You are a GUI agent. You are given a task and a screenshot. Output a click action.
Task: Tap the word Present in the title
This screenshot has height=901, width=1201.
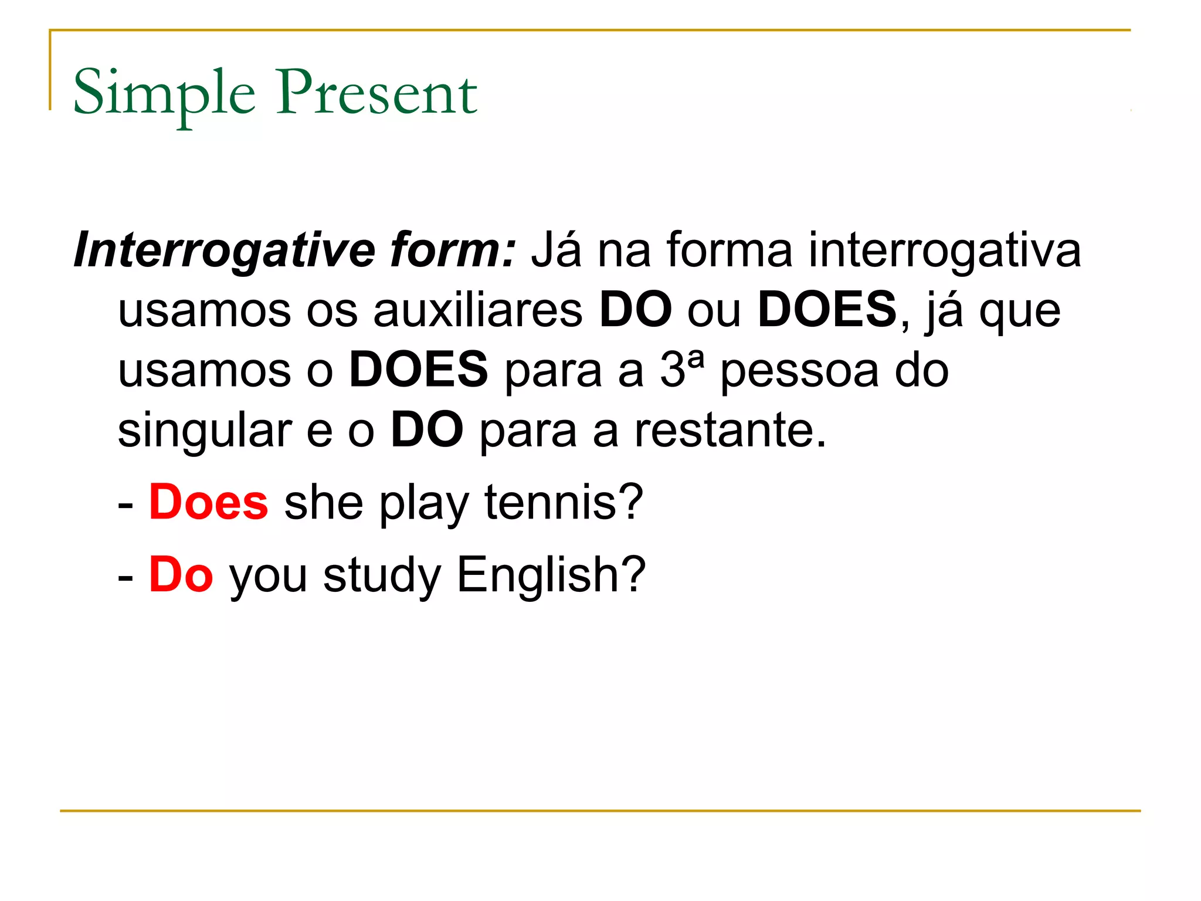377,93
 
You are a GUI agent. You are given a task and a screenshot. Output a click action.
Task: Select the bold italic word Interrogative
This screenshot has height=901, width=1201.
225,250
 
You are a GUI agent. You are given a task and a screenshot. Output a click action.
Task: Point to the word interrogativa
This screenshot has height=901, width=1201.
944,250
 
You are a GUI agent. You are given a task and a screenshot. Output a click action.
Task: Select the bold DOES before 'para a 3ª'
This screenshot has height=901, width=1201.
418,370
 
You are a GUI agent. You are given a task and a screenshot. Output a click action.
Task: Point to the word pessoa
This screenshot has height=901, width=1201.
799,371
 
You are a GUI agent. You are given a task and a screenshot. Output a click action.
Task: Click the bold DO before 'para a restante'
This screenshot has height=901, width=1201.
427,430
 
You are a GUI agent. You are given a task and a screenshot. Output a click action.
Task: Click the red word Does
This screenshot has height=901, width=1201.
208,503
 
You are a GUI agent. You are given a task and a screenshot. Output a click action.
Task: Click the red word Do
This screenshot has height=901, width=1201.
181,575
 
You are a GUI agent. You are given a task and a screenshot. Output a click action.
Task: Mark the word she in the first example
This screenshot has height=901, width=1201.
324,503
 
